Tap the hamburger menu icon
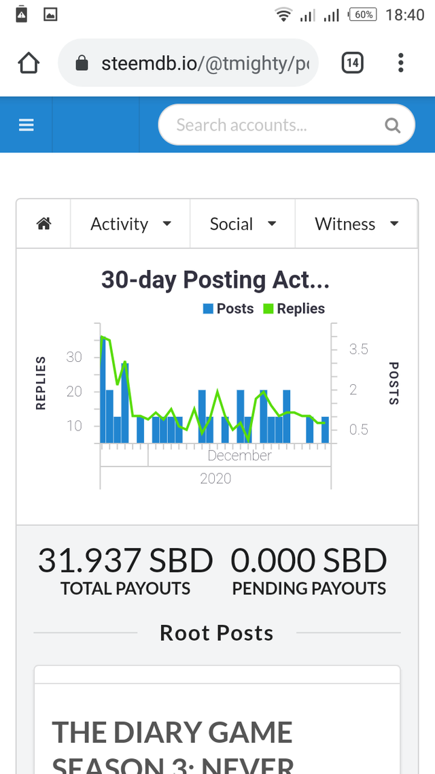(26, 125)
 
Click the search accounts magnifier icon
(392, 125)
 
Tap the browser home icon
(29, 63)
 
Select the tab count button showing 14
(351, 63)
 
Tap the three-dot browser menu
(400, 63)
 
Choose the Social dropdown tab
(243, 224)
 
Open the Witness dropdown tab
(356, 224)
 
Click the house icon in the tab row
(43, 224)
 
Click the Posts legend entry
(228, 309)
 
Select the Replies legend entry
(294, 309)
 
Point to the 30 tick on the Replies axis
(74, 357)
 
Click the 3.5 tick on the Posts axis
(359, 350)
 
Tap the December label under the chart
(239, 456)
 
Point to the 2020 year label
(215, 479)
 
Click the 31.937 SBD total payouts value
(125, 561)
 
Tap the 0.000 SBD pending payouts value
(309, 561)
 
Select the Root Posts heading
(217, 633)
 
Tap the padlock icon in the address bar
(82, 64)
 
